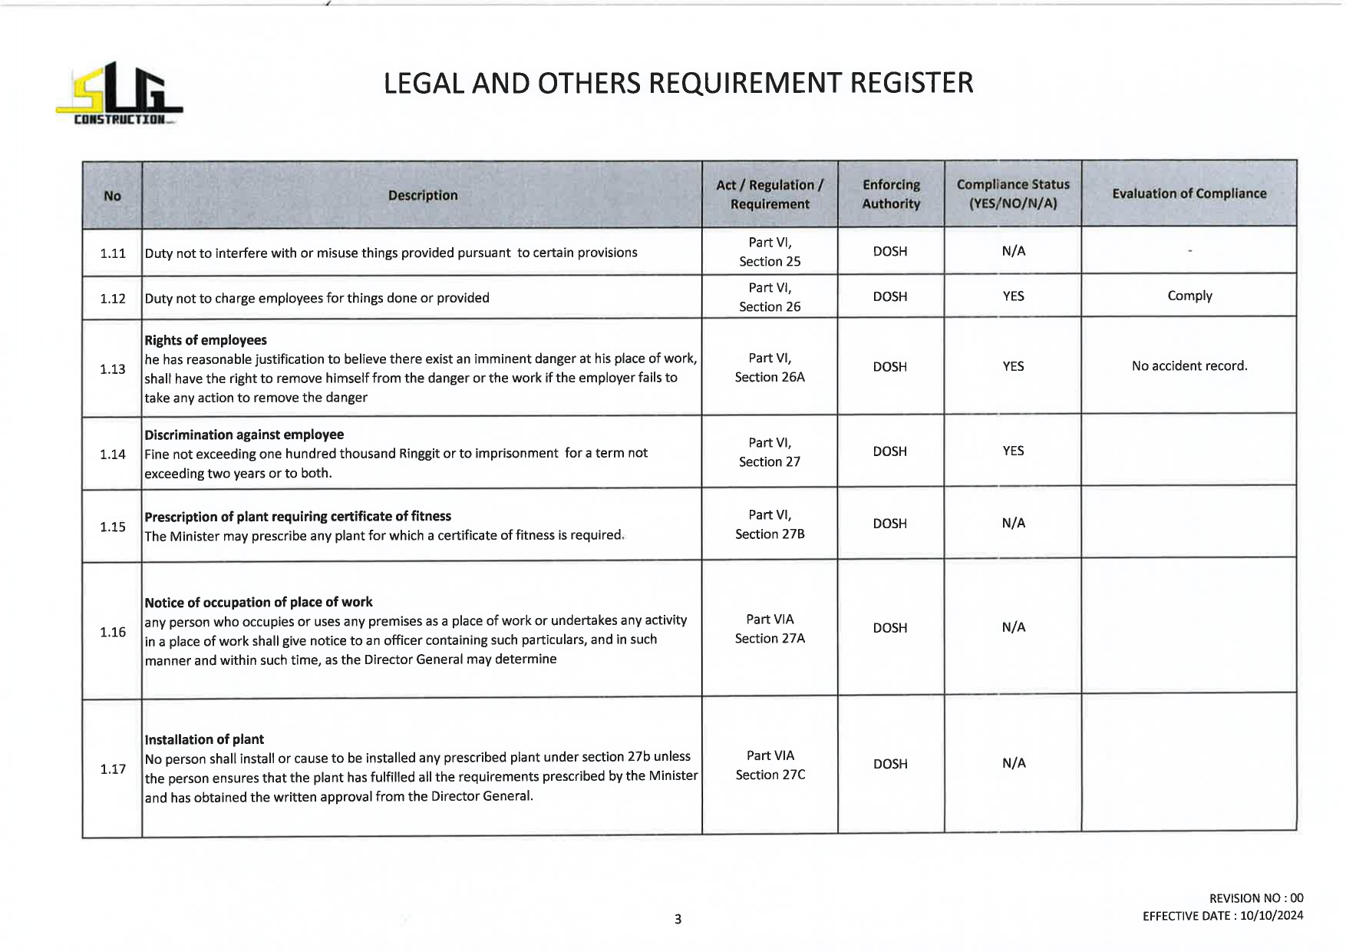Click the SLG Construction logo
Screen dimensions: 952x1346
(x=119, y=94)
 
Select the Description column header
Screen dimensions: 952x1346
(x=422, y=196)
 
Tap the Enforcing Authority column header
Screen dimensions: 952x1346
(x=890, y=194)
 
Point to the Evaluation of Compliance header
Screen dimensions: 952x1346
(x=1189, y=193)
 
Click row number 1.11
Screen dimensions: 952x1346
(x=113, y=253)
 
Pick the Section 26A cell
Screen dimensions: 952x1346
(x=770, y=368)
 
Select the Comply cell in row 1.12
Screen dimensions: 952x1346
(x=1189, y=296)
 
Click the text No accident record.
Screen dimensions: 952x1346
(x=1189, y=366)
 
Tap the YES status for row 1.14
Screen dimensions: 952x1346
(x=1013, y=451)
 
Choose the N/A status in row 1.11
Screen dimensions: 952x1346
(x=1013, y=251)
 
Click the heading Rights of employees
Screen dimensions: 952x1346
(x=206, y=340)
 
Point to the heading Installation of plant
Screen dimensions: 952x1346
(x=204, y=739)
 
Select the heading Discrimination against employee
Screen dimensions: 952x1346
(x=244, y=435)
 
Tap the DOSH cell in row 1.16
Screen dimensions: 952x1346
(x=890, y=628)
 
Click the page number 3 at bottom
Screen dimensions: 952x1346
(x=678, y=919)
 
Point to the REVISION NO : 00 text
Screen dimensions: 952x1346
(x=1255, y=898)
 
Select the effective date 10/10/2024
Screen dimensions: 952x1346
(x=1271, y=916)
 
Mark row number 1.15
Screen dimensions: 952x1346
(x=113, y=527)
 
